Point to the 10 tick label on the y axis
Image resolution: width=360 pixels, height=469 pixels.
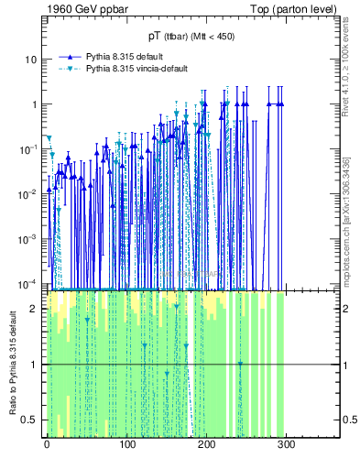[30, 60]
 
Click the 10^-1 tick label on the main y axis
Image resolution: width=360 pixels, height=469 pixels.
[27, 148]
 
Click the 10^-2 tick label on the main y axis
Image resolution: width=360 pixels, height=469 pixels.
[27, 193]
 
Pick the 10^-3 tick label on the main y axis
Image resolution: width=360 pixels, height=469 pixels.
[27, 238]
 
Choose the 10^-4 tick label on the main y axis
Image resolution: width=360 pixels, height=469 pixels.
[27, 283]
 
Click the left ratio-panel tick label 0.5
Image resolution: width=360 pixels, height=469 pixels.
[29, 420]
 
